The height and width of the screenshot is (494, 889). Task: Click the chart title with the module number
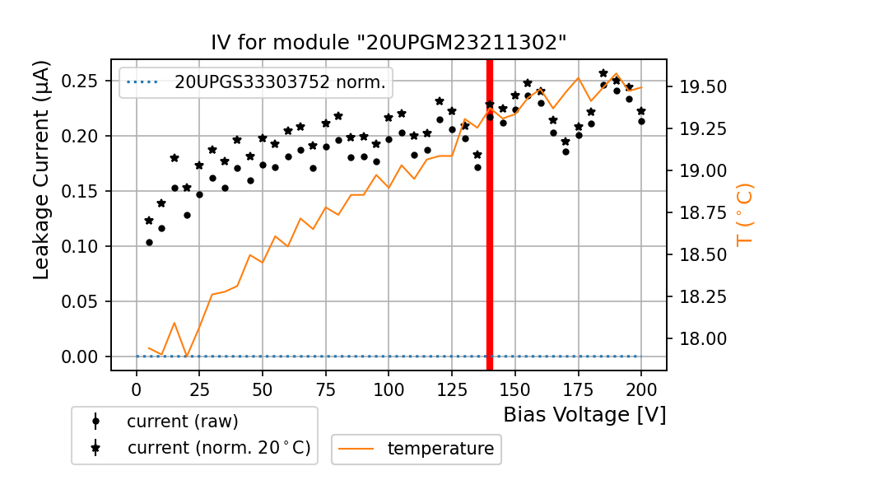[x=389, y=43]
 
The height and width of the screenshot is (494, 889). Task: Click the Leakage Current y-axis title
[x=42, y=169]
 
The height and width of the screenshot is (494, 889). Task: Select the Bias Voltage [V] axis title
[x=584, y=415]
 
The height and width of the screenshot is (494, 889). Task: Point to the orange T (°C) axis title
[x=745, y=215]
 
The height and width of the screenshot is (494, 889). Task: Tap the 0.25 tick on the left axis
[x=83, y=81]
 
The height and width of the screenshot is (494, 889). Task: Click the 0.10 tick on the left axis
[x=83, y=246]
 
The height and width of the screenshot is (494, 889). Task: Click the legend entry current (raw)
[x=182, y=422]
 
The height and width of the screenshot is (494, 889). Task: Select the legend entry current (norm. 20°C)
[x=218, y=449]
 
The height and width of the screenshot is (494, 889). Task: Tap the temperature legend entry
[x=440, y=449]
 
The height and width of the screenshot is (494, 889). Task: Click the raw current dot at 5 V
[x=149, y=242]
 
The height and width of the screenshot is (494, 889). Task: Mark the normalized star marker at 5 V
[x=149, y=221]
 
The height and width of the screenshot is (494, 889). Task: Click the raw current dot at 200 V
[x=641, y=121]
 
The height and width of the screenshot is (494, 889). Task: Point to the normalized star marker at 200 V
[x=641, y=111]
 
